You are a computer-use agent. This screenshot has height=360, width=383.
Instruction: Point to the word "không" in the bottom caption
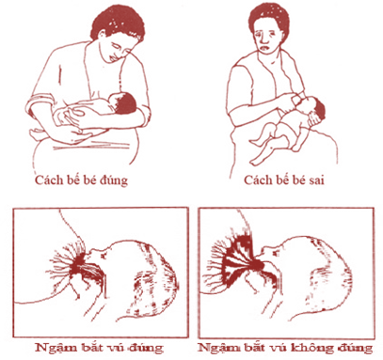tap(310, 348)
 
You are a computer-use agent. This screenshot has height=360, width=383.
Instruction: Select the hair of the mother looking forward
tap(268, 17)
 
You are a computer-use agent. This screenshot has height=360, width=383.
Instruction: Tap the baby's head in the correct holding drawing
tap(125, 102)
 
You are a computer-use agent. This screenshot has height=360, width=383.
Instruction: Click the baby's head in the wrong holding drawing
tap(316, 109)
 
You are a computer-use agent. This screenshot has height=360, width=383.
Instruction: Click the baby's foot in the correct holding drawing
tap(35, 134)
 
